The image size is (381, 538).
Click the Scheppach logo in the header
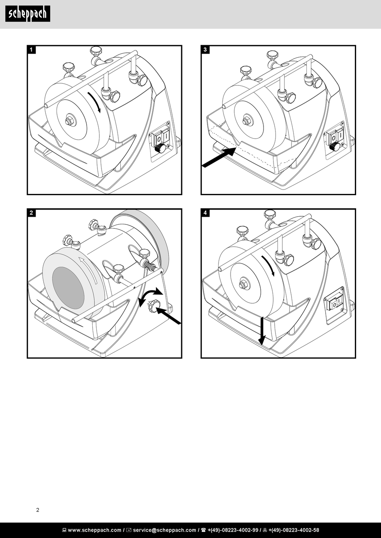coord(28,14)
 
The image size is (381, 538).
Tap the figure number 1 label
coord(32,50)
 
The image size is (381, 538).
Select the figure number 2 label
coord(32,213)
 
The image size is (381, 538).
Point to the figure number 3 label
coord(205,50)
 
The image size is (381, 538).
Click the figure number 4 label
coord(205,213)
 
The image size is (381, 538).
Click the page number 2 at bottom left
coord(38,510)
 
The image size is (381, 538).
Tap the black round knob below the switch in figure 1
coord(160,149)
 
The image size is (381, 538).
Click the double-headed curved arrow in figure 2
coord(150,296)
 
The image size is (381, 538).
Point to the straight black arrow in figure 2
coord(168,315)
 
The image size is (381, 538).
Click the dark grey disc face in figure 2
coord(68,287)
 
